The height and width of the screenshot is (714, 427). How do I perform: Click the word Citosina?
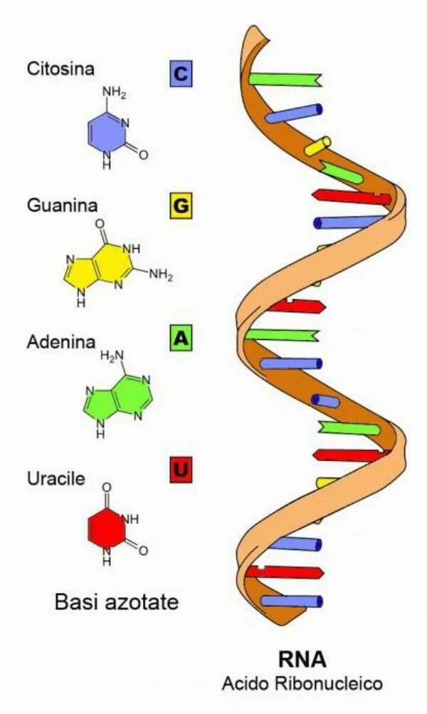click(x=60, y=69)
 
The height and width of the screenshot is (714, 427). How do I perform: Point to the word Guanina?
click(x=60, y=206)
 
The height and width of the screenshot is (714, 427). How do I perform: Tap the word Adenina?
click(x=60, y=342)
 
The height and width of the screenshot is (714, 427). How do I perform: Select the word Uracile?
click(x=56, y=478)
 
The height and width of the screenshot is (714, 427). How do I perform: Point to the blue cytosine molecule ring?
click(x=106, y=132)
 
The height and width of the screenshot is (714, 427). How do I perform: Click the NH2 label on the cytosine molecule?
click(x=114, y=93)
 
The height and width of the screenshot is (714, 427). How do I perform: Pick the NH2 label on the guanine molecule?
click(x=160, y=275)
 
